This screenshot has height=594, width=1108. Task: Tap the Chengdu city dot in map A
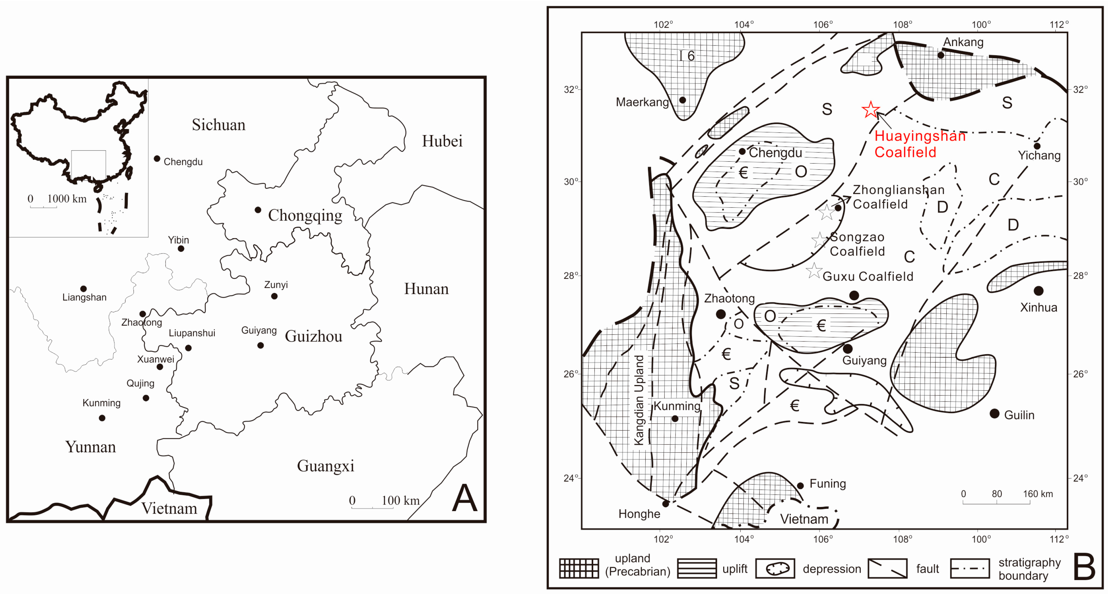(157, 159)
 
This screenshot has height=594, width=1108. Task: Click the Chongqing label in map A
(305, 215)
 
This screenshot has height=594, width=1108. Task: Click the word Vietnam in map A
(169, 509)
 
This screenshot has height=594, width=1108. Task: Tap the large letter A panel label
(465, 498)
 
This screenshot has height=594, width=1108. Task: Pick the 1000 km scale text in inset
(67, 199)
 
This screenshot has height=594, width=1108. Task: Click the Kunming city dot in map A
(102, 418)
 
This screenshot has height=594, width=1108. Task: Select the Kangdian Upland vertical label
(639, 400)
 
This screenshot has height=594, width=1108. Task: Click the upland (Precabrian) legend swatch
(579, 568)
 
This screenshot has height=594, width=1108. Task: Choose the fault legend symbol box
(887, 568)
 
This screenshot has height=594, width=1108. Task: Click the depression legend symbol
(775, 568)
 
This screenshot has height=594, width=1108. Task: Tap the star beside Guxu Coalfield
(814, 271)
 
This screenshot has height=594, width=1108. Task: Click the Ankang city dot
(941, 55)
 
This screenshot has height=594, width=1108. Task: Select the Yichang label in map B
(1039, 155)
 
